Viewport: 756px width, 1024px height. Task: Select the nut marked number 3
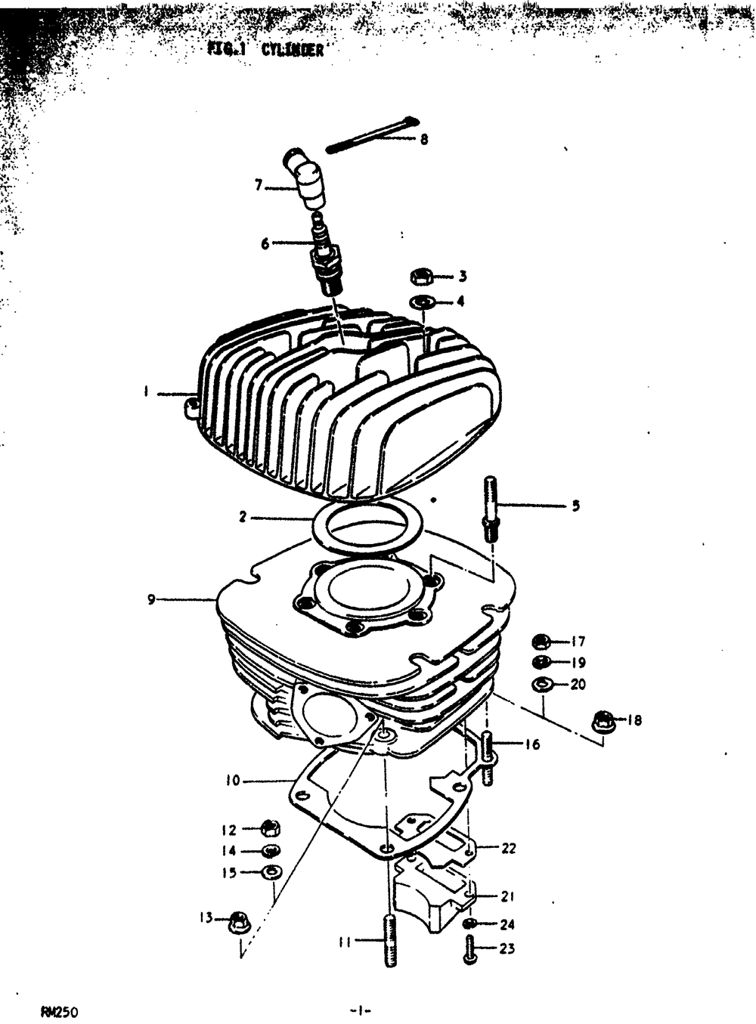(x=422, y=277)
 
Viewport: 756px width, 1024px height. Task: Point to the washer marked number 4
(x=423, y=302)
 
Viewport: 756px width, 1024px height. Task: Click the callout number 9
(x=151, y=600)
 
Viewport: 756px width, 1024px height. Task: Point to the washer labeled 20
(x=541, y=685)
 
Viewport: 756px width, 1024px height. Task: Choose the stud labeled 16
(x=488, y=757)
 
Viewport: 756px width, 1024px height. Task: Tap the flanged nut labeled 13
(x=239, y=922)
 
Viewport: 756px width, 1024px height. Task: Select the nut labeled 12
(x=270, y=828)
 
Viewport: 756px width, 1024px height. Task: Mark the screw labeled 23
(x=469, y=949)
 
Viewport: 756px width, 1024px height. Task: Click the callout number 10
(x=232, y=780)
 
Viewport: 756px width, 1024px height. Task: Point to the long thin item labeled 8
(x=370, y=133)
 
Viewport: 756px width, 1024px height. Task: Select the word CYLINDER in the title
(x=293, y=50)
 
